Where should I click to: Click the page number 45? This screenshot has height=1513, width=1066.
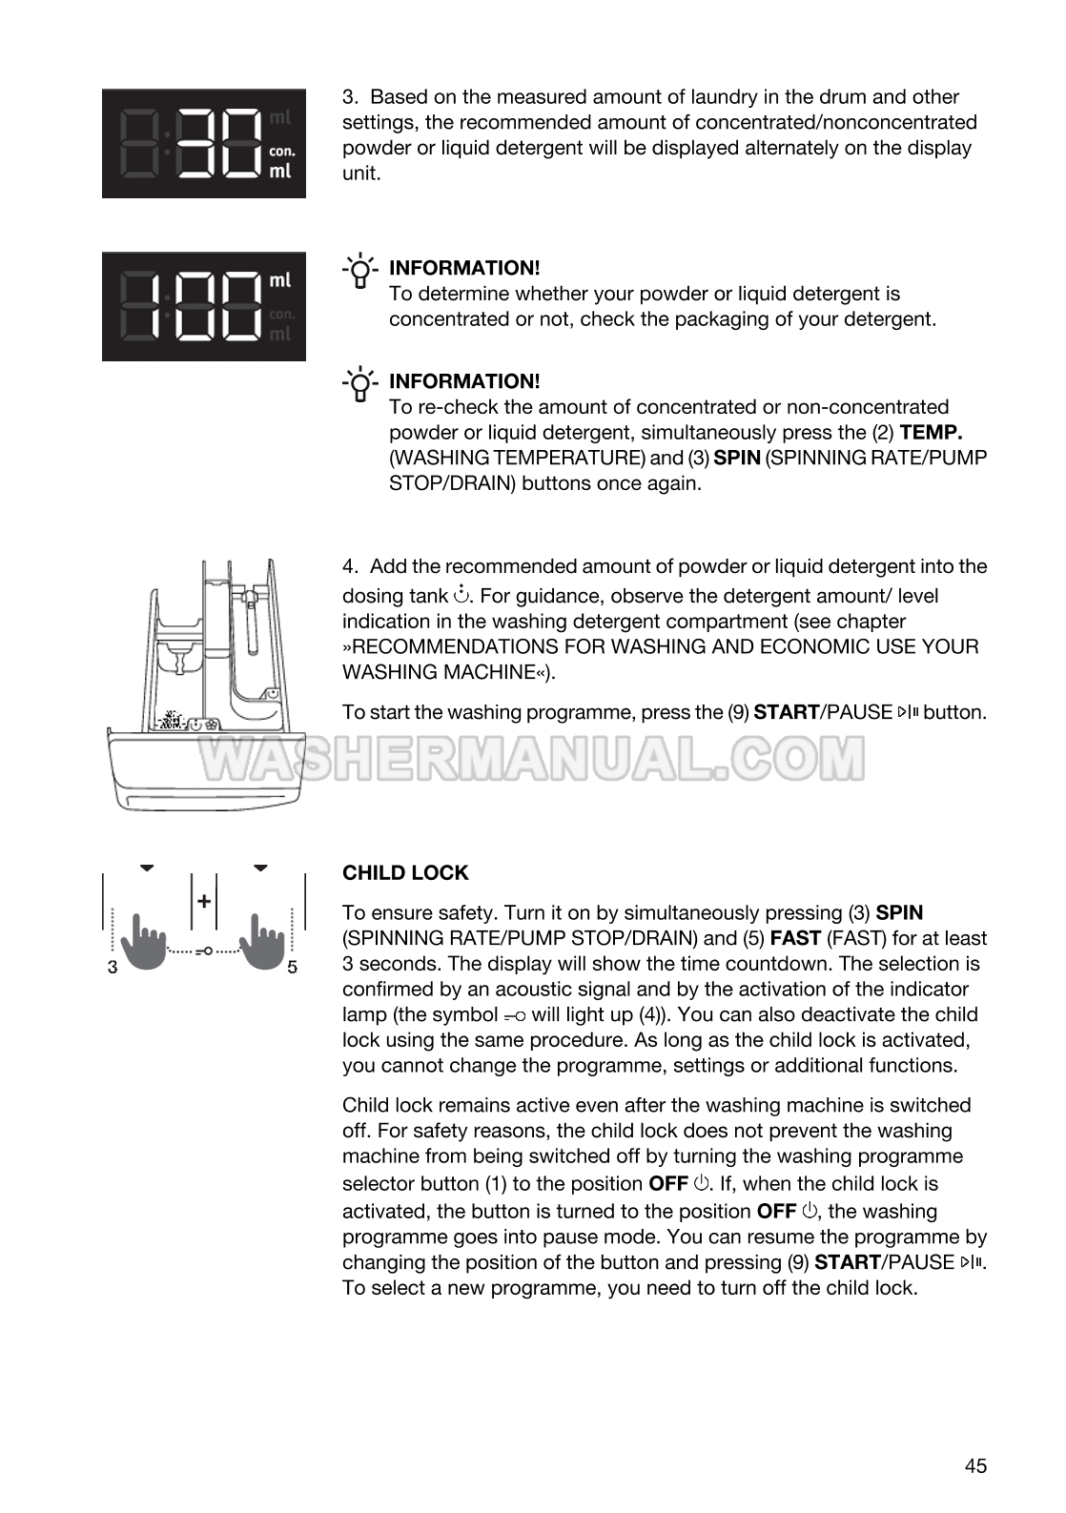tap(975, 1466)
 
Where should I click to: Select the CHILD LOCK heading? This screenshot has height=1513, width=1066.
tap(405, 873)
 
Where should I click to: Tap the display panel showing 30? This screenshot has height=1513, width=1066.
tap(204, 144)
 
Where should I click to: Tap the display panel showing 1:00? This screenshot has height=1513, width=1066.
tap(204, 307)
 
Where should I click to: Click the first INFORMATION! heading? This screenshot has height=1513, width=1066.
tap(464, 268)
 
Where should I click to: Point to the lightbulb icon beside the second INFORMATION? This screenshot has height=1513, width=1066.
tap(360, 383)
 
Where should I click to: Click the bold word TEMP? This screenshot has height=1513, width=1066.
tap(931, 432)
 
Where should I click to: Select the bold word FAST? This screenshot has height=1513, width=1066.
tap(795, 938)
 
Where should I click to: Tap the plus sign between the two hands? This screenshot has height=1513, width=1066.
tap(203, 901)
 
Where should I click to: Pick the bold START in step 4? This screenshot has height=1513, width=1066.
tap(786, 712)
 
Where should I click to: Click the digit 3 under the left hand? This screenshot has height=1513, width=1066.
tap(113, 967)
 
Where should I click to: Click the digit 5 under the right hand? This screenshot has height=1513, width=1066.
tap(292, 967)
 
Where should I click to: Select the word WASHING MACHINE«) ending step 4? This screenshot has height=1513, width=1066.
tap(448, 672)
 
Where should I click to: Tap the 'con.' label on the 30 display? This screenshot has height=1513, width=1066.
tap(282, 151)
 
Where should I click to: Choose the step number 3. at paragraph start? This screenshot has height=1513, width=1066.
tap(350, 97)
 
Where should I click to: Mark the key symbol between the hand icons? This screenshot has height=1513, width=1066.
tap(203, 951)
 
